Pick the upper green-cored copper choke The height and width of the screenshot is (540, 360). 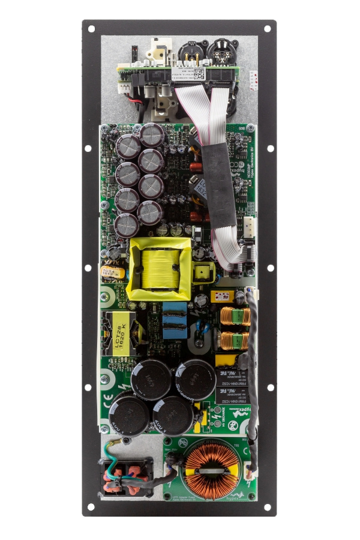(x=235, y=316)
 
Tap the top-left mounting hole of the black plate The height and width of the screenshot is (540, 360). (x=91, y=28)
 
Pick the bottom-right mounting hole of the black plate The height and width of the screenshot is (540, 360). (x=270, y=506)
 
